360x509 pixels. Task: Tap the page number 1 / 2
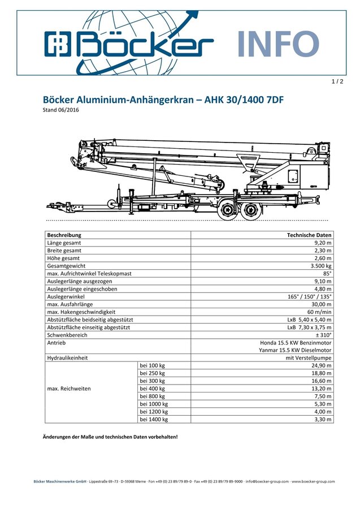click(x=337, y=82)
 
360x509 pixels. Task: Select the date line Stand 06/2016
click(x=61, y=110)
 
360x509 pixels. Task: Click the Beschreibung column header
click(x=64, y=235)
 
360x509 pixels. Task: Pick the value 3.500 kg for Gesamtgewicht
click(x=321, y=265)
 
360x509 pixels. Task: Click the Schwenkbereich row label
click(x=67, y=335)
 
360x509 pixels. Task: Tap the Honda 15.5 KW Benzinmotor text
click(x=296, y=343)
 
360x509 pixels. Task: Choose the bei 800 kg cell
click(x=152, y=396)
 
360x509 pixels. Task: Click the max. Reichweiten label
click(x=69, y=389)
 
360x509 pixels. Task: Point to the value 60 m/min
click(x=319, y=312)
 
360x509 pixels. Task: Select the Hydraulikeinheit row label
click(x=67, y=358)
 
